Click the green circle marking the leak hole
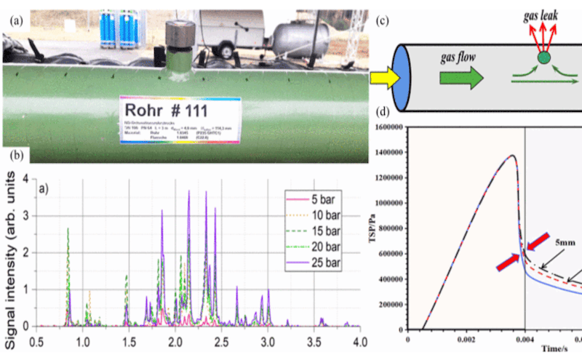(543, 57)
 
